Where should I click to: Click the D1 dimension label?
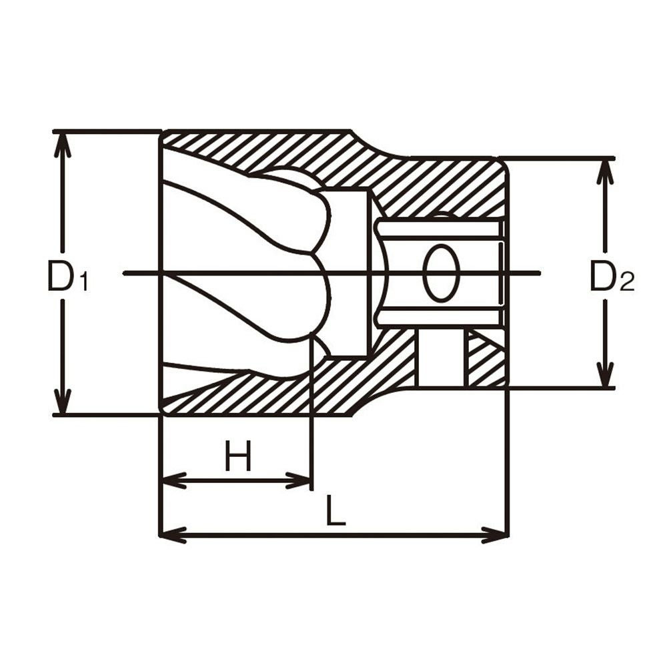tap(68, 276)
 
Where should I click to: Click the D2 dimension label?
tap(612, 276)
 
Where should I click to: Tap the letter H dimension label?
tap(239, 456)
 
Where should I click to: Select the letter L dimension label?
tap(336, 510)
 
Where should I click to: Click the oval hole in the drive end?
tap(442, 273)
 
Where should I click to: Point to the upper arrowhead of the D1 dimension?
tap(64, 145)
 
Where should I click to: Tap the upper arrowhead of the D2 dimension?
tap(606, 172)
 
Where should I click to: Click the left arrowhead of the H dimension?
tap(173, 481)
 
